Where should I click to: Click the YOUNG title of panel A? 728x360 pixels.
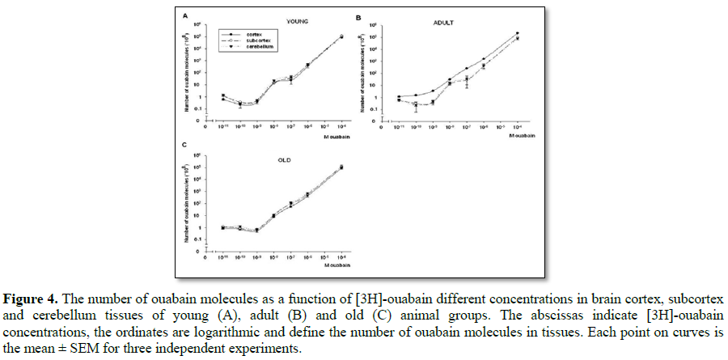[282, 23]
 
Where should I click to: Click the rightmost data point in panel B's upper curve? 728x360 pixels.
[517, 33]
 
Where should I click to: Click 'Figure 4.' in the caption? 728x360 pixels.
[28, 290]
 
